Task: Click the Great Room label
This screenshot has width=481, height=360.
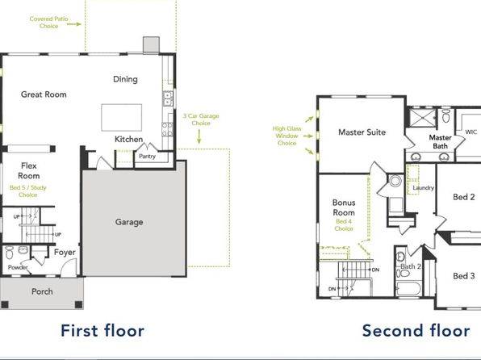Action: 44,94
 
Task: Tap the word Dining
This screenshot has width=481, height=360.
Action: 125,79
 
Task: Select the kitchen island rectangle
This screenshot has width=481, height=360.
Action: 122,118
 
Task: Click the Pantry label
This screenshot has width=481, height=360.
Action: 147,157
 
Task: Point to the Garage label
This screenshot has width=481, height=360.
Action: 129,222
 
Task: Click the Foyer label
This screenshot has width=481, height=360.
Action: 65,253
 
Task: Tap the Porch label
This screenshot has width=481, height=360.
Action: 42,291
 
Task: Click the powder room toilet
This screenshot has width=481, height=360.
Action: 9,253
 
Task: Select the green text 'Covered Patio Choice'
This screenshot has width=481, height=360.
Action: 48,23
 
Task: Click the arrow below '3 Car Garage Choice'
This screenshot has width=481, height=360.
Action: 199,136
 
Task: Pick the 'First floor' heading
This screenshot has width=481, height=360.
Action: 102,330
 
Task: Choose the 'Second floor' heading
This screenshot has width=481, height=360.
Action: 416,330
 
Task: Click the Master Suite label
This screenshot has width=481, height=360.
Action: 362,132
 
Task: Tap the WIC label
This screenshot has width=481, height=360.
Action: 471,132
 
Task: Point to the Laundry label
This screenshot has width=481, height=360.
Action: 424,188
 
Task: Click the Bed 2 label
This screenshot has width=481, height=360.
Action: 464,197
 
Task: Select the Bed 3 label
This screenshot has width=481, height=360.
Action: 464,276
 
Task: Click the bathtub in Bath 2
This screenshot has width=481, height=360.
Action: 408,289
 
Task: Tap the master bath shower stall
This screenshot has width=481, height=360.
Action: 423,118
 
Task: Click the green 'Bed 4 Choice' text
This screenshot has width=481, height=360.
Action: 344,225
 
